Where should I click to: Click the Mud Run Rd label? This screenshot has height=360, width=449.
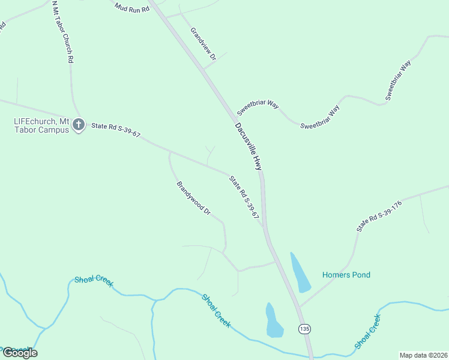(x=131, y=7)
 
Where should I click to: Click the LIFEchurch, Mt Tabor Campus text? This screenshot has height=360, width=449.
(x=42, y=125)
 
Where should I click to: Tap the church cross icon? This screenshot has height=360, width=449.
(x=78, y=125)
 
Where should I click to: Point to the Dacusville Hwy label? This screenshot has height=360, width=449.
(x=249, y=146)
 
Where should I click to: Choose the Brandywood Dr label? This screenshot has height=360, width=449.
(x=193, y=198)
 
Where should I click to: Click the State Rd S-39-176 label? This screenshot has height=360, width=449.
(x=379, y=216)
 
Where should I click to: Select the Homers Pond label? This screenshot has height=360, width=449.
(x=346, y=275)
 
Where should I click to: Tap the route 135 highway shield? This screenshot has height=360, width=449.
(x=305, y=329)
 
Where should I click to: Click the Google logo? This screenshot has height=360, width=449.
(x=20, y=353)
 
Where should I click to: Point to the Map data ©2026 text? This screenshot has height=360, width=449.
(x=423, y=355)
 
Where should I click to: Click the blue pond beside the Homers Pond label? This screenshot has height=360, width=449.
(x=300, y=274)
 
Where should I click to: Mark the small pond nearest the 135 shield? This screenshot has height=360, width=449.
(x=273, y=321)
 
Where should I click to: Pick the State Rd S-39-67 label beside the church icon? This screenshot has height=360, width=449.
(x=115, y=130)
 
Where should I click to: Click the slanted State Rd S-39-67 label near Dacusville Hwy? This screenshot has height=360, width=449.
(x=243, y=196)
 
